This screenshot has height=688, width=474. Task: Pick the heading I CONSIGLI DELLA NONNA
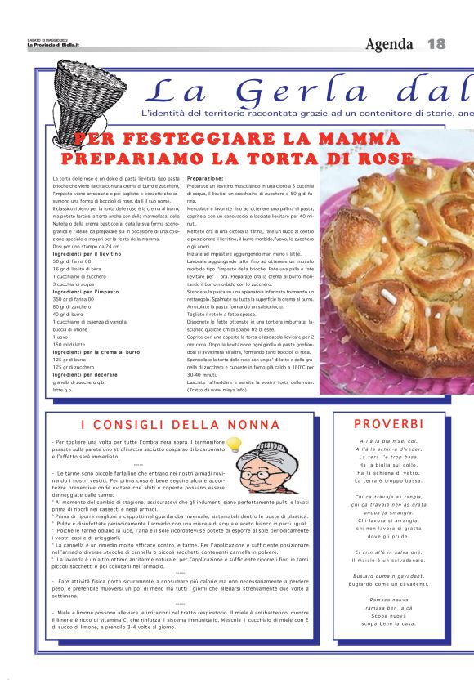(x=180, y=425)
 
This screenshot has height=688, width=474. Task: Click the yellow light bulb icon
(x=235, y=445)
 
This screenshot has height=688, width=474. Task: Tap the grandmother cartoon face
(x=269, y=471)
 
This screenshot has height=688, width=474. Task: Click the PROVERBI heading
(x=388, y=423)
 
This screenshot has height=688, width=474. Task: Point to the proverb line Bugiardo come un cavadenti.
(x=388, y=583)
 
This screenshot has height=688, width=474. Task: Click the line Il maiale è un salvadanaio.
(x=388, y=560)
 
